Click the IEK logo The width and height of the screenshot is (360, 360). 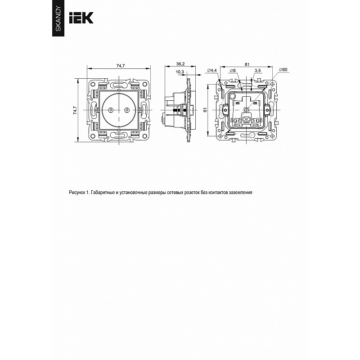81,18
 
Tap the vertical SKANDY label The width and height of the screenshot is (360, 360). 58,19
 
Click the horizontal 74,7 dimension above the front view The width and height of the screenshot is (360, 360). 120,66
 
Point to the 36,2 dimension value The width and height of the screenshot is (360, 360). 180,64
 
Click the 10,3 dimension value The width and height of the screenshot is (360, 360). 180,72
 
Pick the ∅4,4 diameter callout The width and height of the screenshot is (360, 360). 211,71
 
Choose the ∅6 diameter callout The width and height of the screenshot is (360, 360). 233,71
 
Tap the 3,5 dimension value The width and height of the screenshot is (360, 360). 257,71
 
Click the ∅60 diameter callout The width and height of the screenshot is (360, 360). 283,70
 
